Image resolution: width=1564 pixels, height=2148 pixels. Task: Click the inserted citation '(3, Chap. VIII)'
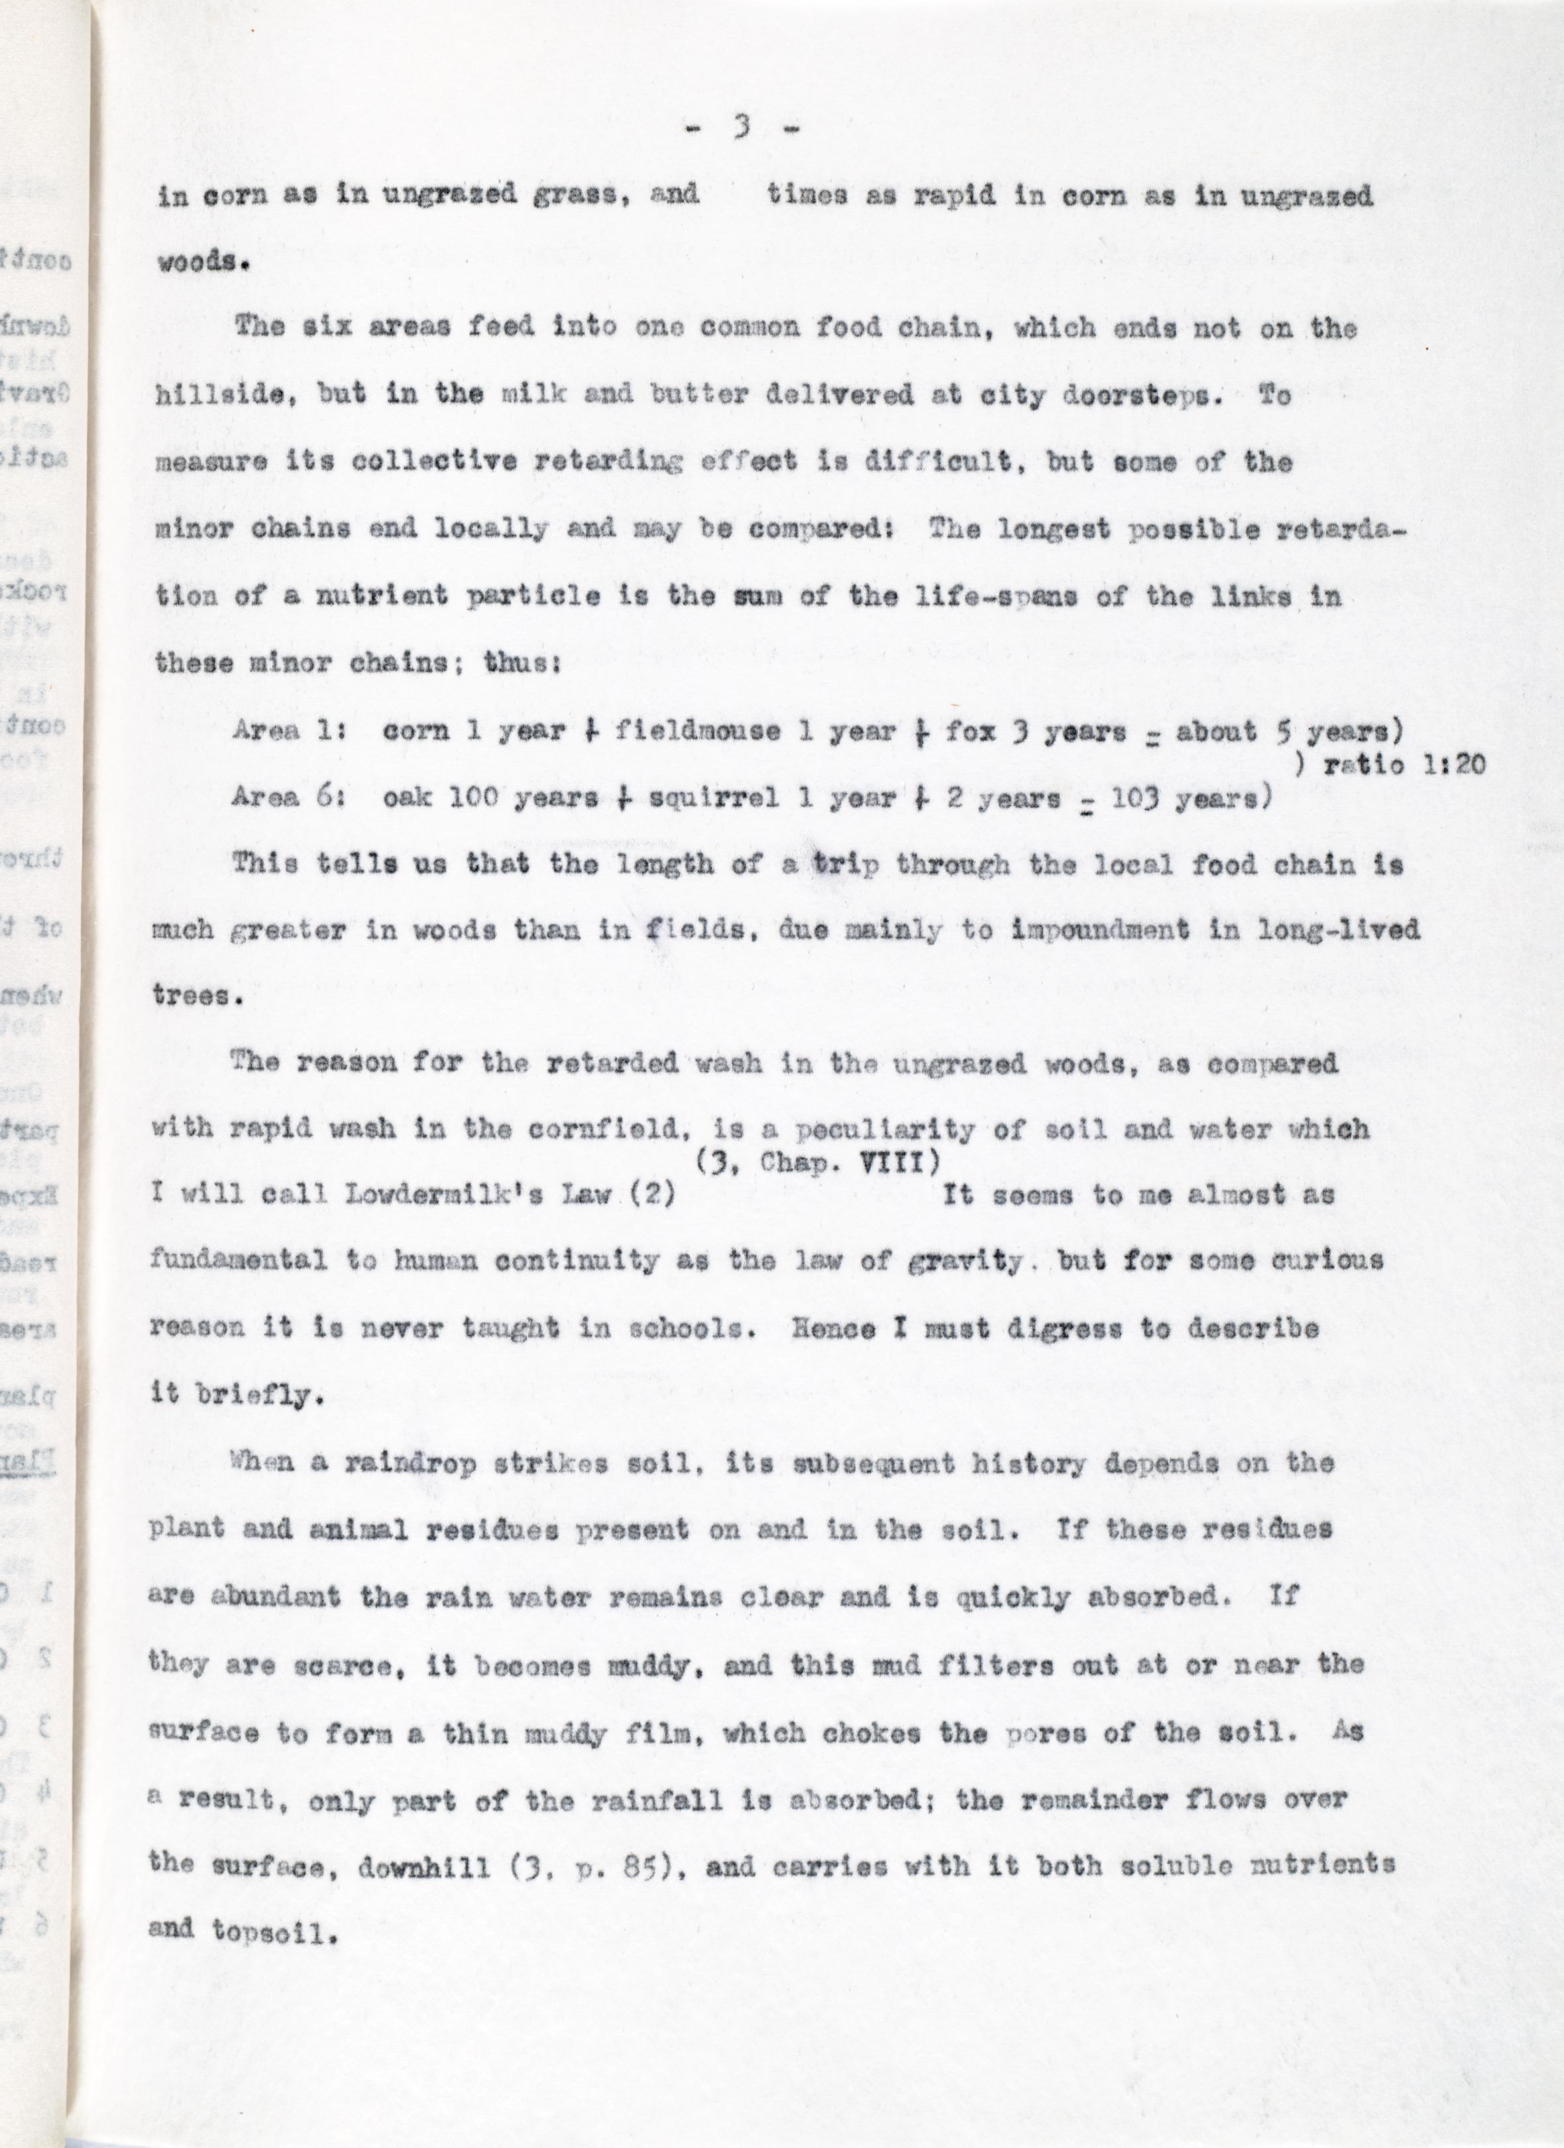[x=818, y=1163]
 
